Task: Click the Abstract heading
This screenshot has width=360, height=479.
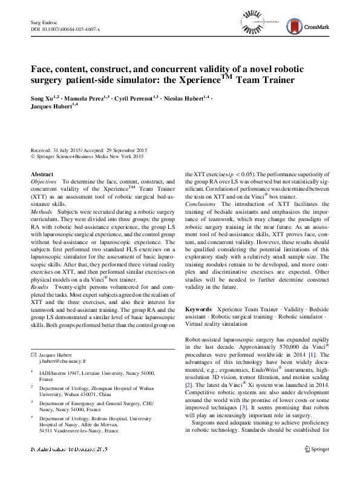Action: (42, 174)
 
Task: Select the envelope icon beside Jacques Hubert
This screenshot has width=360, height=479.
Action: (34, 352)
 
